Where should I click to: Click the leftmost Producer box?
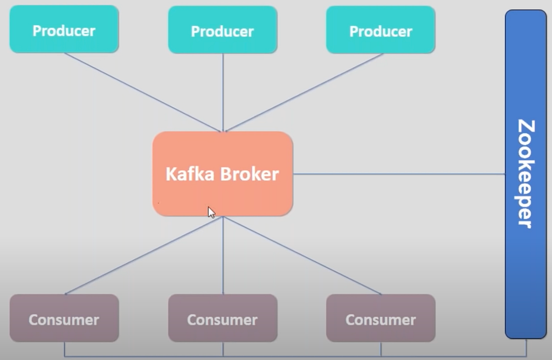coord(64,29)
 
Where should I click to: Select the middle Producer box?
coord(223,30)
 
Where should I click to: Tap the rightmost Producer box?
coord(381,30)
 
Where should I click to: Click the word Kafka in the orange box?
coord(190,174)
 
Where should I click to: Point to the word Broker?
coord(250,174)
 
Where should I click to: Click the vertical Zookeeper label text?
coord(526,174)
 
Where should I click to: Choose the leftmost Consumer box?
coord(64,318)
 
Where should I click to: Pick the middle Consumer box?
coord(223,318)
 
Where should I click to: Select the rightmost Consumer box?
coord(381,318)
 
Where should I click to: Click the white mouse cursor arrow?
coord(211,212)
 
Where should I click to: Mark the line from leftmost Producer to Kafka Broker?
coord(142,93)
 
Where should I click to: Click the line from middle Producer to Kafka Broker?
coord(223,93)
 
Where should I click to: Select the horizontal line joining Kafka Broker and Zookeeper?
coord(399,174)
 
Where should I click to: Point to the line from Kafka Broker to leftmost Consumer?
coord(143,255)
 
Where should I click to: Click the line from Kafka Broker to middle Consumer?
coord(223,255)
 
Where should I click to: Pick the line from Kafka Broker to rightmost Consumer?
coord(302,255)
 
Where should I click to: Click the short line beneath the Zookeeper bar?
coord(526,348)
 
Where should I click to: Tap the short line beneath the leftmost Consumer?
coord(65,349)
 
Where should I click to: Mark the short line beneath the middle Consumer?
coord(223,349)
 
